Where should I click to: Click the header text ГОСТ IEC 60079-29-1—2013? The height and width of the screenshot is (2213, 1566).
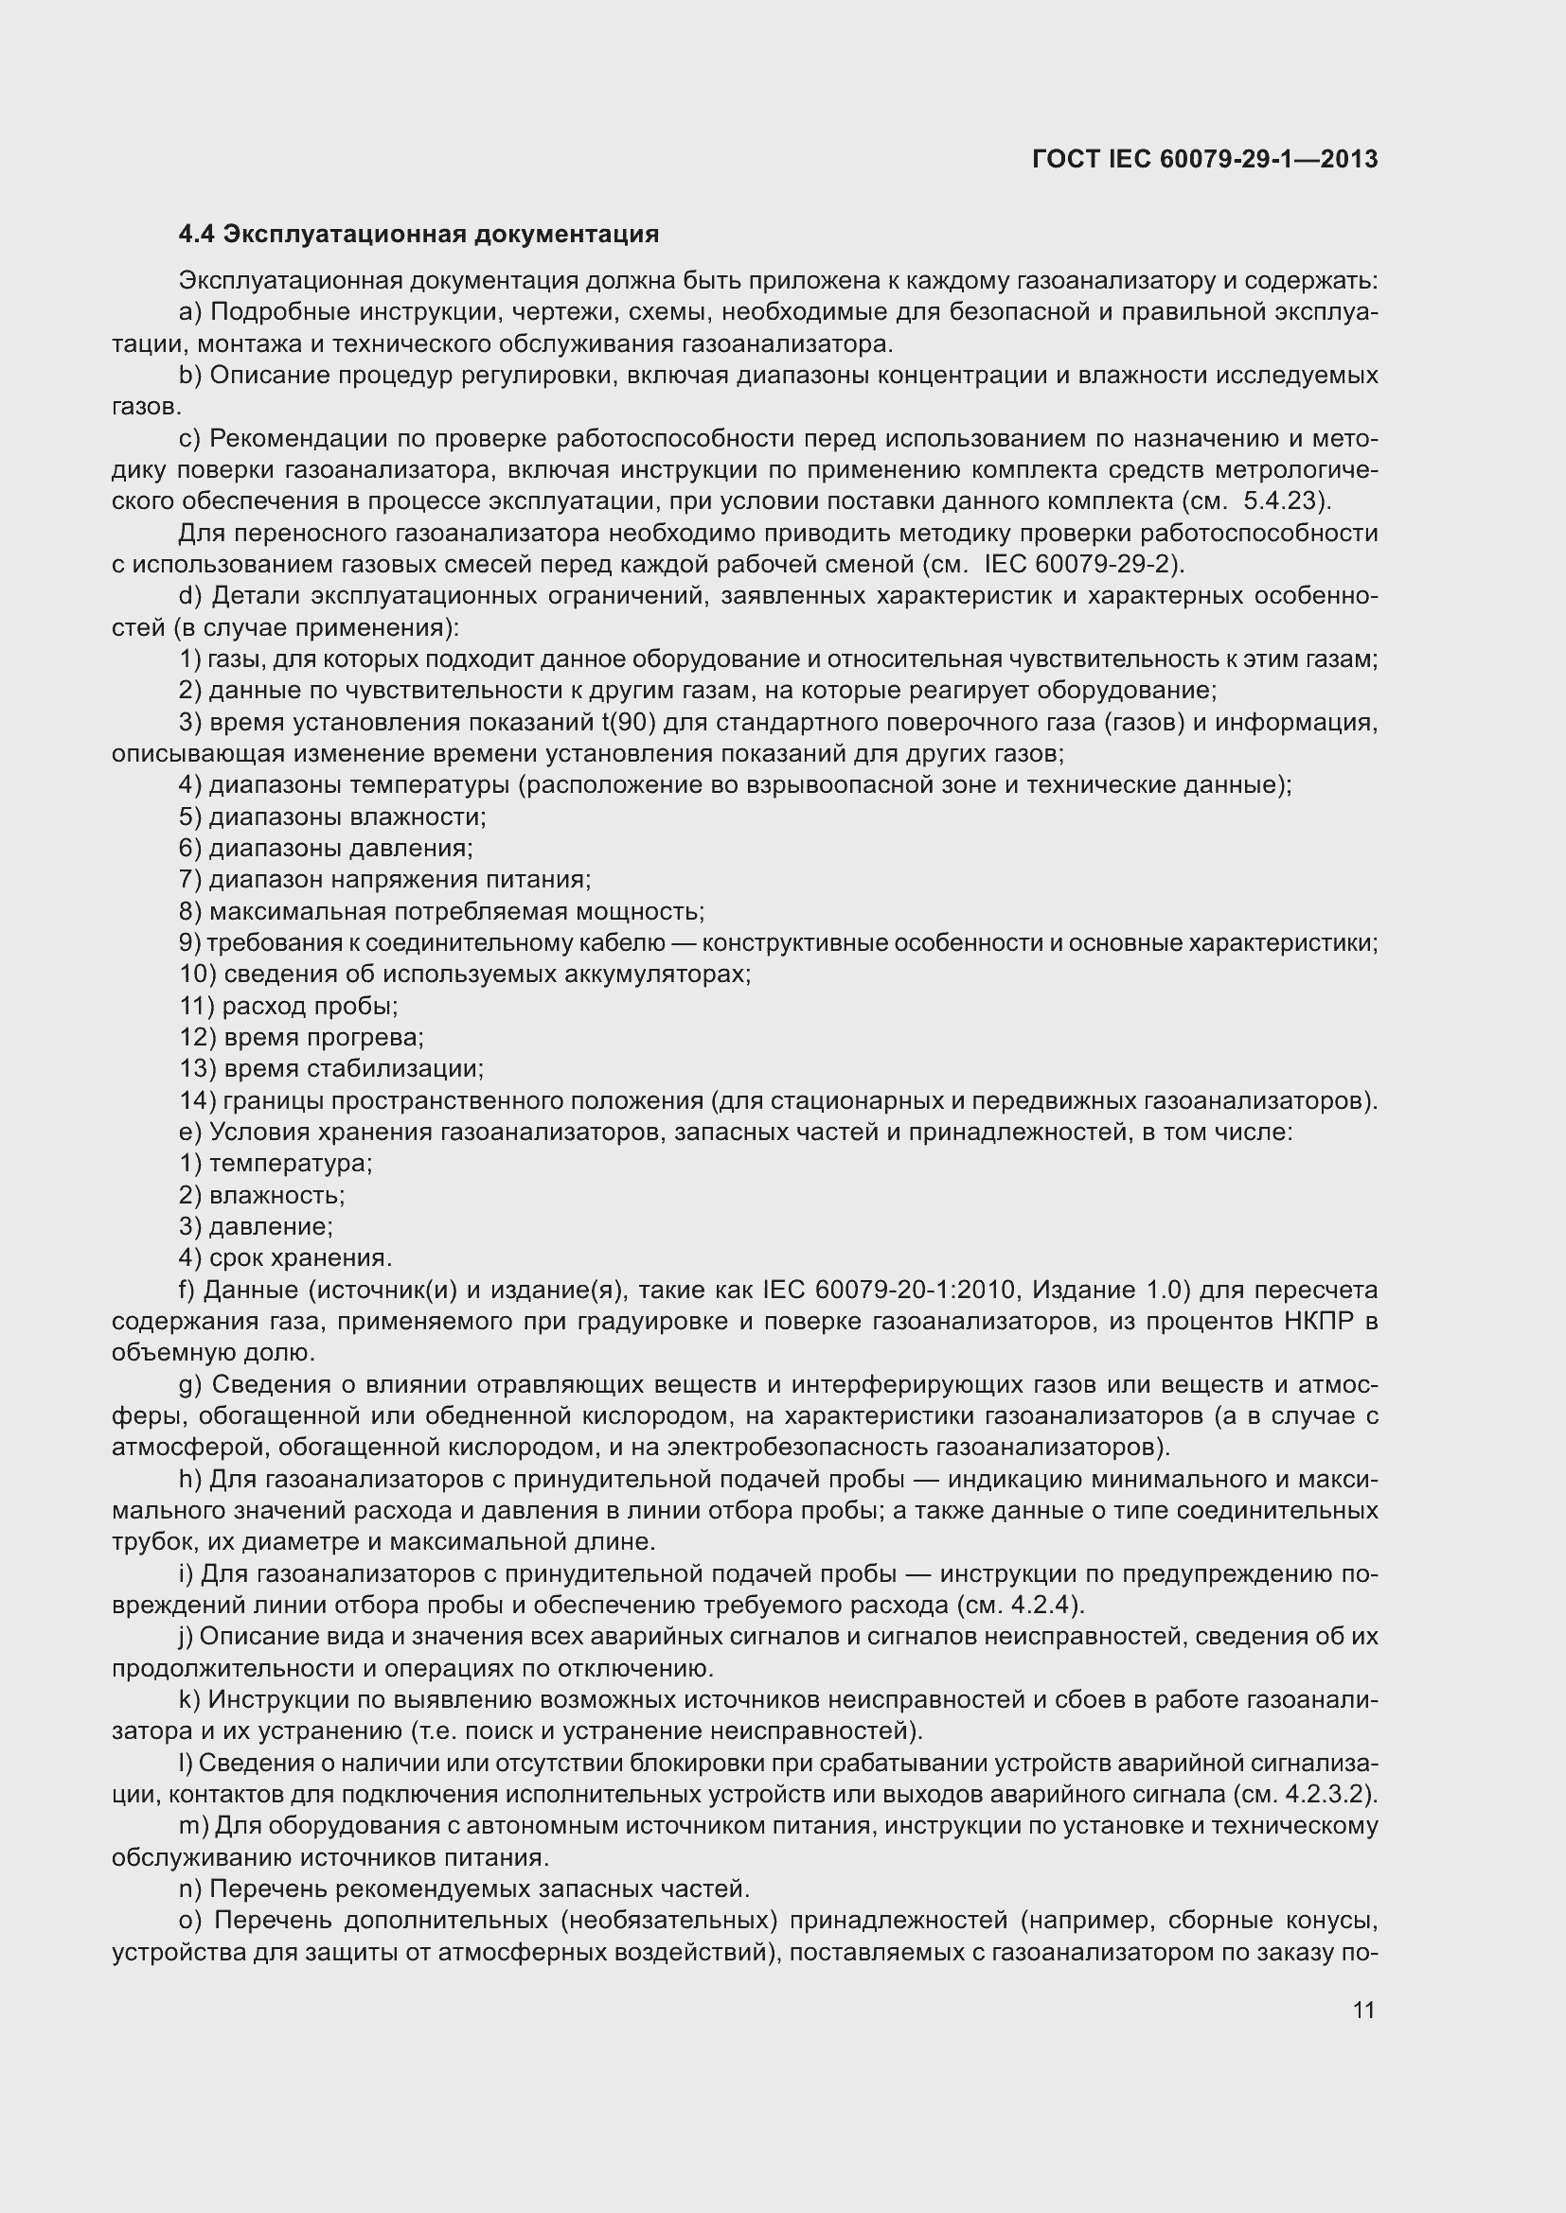pos(1204,159)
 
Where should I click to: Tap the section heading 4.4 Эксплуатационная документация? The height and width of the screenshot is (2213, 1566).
pos(418,235)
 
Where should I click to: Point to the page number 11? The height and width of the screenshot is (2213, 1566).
pos(1363,2010)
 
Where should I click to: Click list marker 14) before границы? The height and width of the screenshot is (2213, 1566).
pos(198,1100)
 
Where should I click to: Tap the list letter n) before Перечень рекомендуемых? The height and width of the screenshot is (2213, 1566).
pos(190,1889)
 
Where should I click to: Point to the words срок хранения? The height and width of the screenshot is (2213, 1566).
pos(299,1257)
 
